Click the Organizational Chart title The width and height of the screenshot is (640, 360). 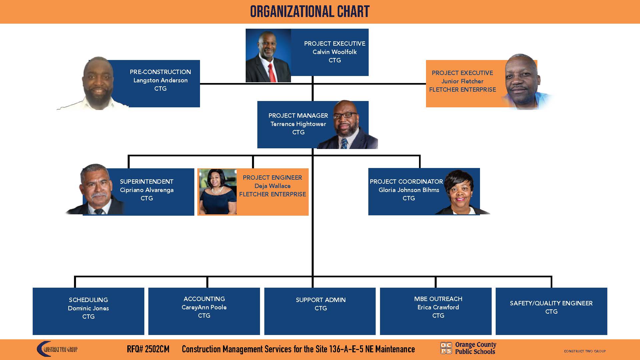(310, 12)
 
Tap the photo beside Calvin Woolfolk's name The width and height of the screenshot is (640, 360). (268, 55)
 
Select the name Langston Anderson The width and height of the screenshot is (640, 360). (160, 80)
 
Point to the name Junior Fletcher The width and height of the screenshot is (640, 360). (462, 81)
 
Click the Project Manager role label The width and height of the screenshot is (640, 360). (298, 116)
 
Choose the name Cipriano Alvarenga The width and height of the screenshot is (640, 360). (147, 190)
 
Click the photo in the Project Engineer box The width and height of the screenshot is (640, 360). (218, 192)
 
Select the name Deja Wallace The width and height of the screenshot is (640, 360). (272, 186)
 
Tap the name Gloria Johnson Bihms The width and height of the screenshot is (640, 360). (409, 190)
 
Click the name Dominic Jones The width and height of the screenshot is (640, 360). (88, 308)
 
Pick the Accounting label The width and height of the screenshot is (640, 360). (204, 299)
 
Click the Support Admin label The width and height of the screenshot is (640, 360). (321, 300)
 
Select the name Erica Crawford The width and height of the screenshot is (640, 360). (438, 307)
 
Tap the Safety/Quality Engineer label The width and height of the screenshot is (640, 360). (551, 303)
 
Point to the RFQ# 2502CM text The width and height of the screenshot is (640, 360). (148, 349)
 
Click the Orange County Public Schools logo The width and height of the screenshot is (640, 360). (468, 348)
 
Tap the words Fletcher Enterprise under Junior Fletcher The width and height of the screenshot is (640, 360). (462, 90)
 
